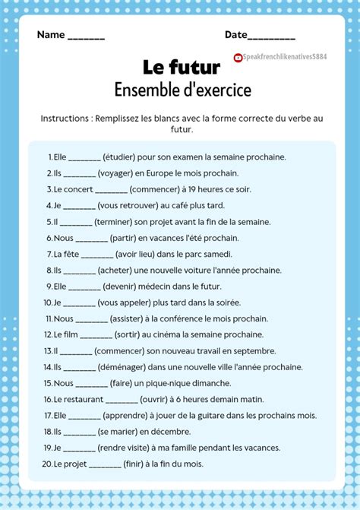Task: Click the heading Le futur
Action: click(181, 68)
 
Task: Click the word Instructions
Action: click(66, 119)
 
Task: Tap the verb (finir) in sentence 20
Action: click(137, 464)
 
